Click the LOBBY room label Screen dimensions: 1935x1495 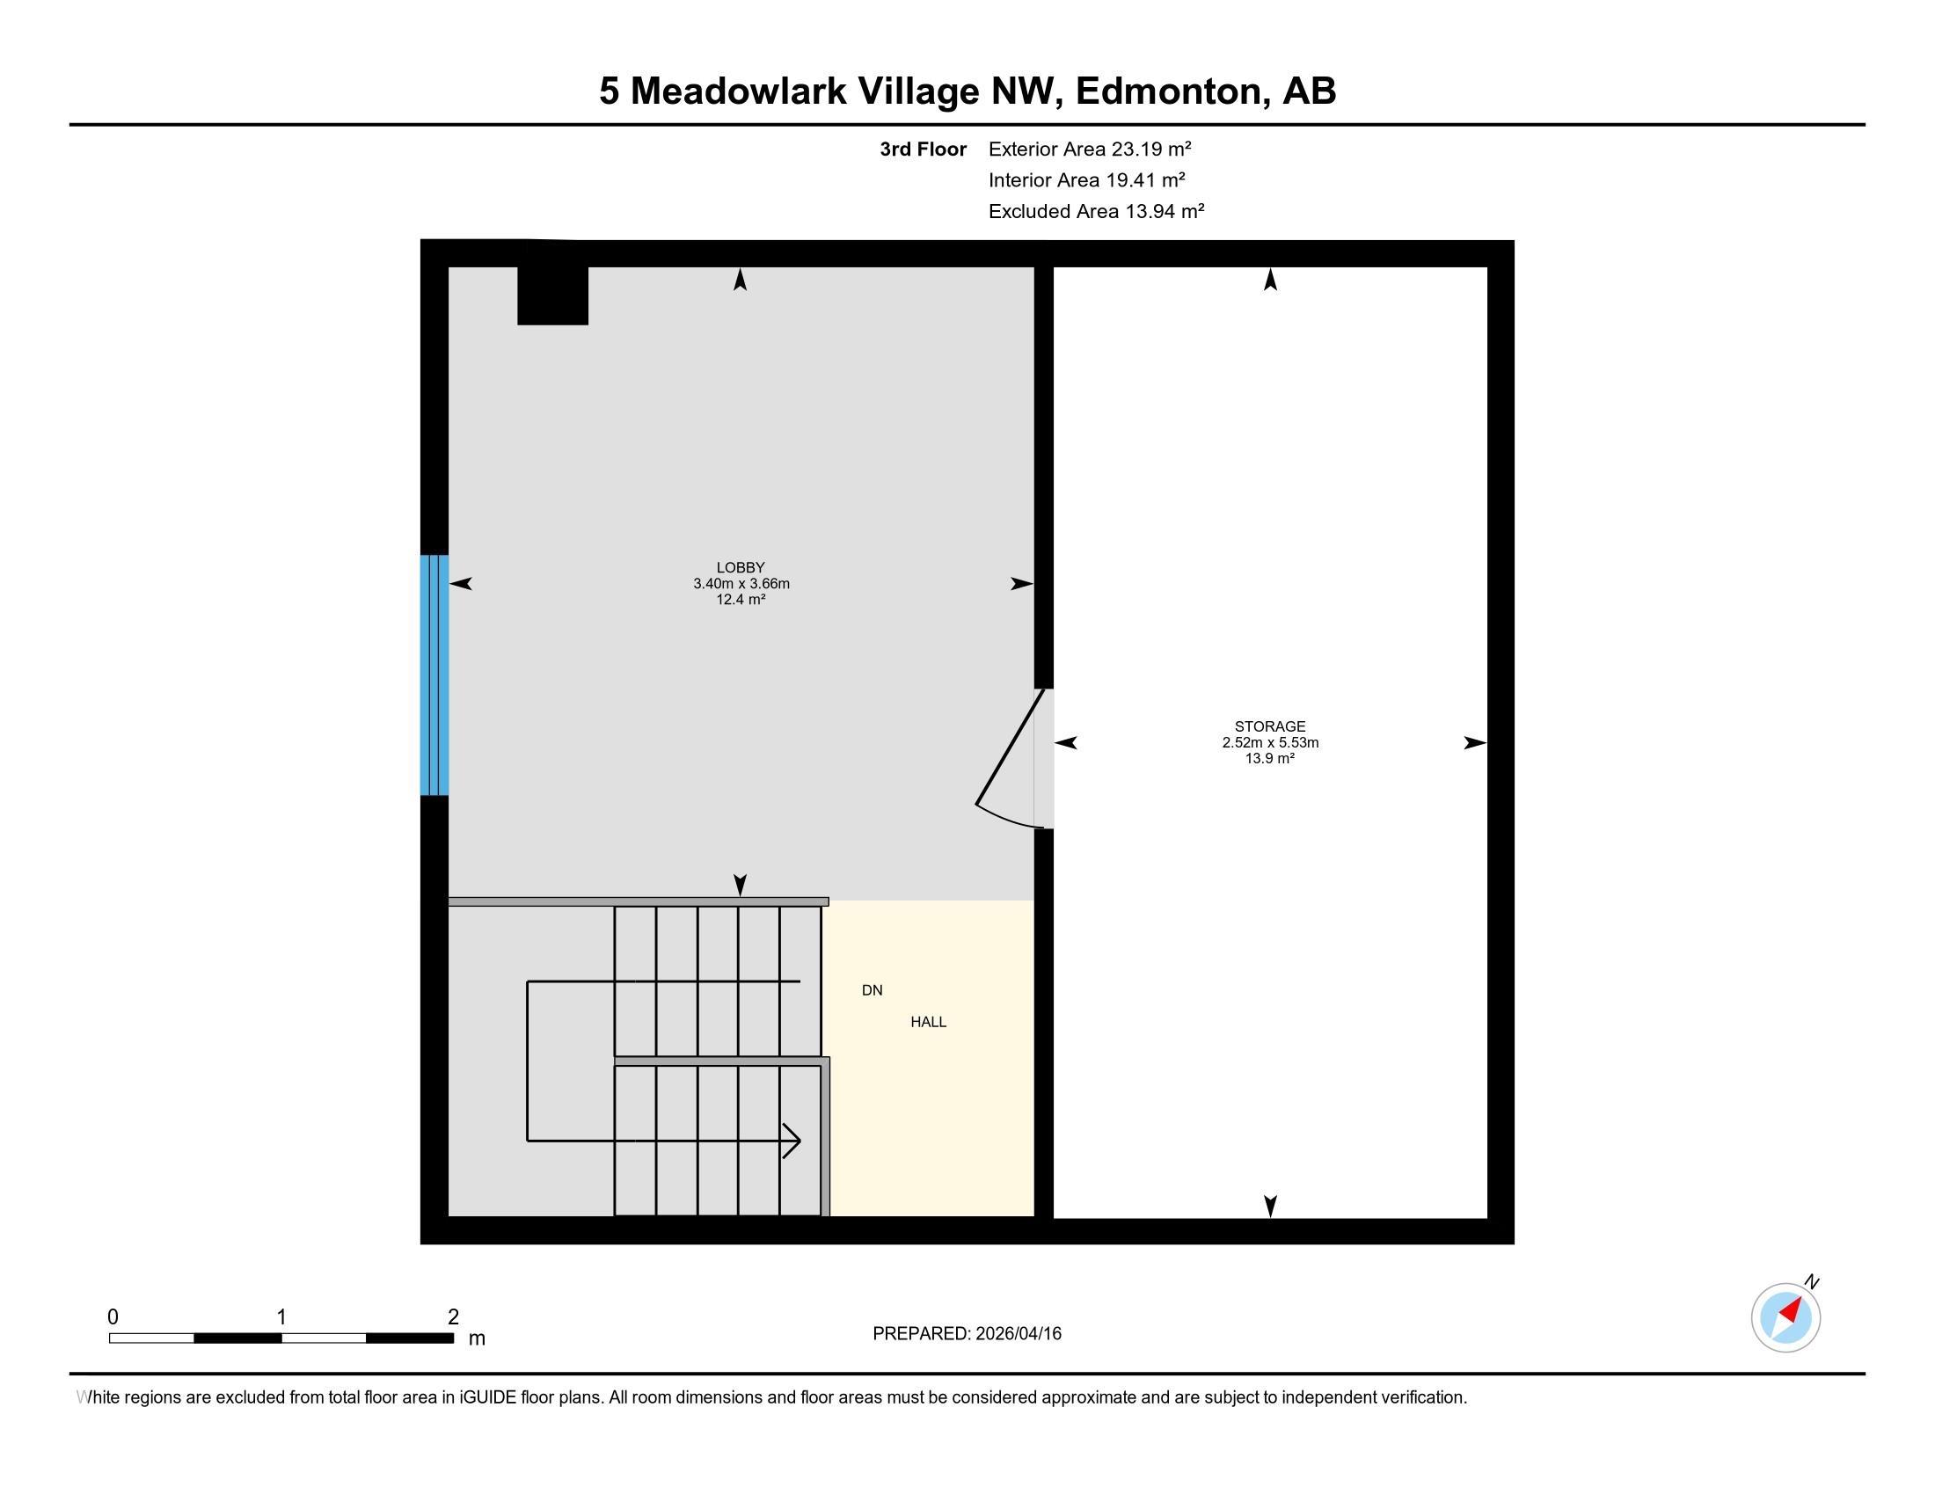pyautogui.click(x=741, y=568)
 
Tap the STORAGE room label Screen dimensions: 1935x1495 pyautogui.click(x=1269, y=726)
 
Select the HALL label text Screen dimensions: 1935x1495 pyautogui.click(x=929, y=1022)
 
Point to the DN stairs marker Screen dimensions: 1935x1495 pyautogui.click(x=872, y=990)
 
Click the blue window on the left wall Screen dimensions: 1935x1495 pyautogui.click(x=434, y=675)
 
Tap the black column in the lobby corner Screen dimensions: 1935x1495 pyautogui.click(x=553, y=295)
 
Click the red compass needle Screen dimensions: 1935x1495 pyautogui.click(x=1791, y=1310)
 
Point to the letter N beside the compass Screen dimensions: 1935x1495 pyautogui.click(x=1812, y=1282)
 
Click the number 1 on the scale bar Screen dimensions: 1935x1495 pyautogui.click(x=281, y=1317)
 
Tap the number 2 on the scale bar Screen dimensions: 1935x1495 pyautogui.click(x=454, y=1317)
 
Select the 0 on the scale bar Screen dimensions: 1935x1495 pyautogui.click(x=113, y=1317)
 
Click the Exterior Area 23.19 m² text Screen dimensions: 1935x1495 pyautogui.click(x=1090, y=149)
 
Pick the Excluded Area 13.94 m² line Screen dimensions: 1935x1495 pyautogui.click(x=1097, y=211)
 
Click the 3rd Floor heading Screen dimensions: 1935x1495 pyautogui.click(x=924, y=149)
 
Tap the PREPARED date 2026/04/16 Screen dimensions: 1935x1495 pyautogui.click(x=1018, y=1334)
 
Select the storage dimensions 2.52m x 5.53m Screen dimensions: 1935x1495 pyautogui.click(x=1269, y=742)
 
